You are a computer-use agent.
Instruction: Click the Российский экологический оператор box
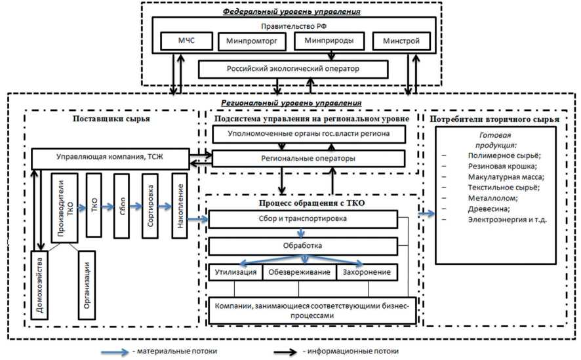(x=292, y=69)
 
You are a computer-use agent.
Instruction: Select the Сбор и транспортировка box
(x=302, y=218)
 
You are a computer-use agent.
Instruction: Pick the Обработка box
(x=302, y=245)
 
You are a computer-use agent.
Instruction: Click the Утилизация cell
(x=235, y=272)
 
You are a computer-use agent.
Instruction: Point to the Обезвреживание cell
(x=299, y=272)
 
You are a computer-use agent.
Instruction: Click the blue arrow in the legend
(x=115, y=351)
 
